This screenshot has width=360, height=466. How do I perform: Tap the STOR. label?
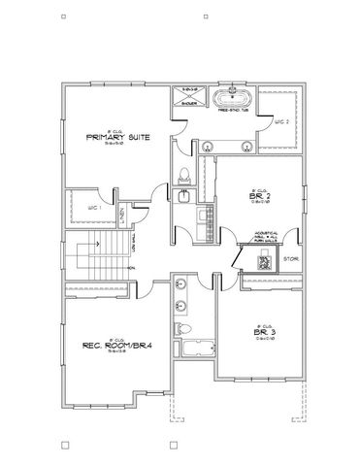point(289,259)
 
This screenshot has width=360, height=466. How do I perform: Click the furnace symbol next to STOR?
point(263,260)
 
